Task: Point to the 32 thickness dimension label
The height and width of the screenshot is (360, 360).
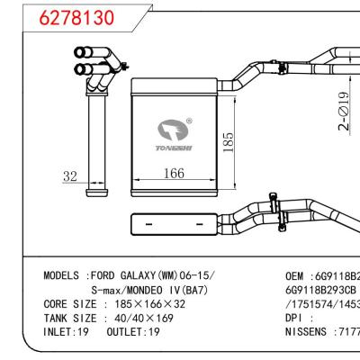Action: pos(70,177)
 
